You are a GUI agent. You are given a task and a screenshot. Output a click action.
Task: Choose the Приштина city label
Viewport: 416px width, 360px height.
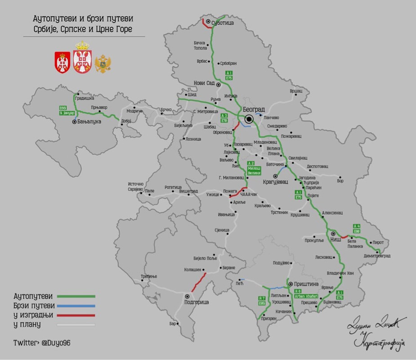(306, 284)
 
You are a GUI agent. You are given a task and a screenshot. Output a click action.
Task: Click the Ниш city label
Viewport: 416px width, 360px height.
(336, 240)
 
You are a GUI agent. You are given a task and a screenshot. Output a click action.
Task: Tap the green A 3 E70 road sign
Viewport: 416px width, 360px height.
(224, 118)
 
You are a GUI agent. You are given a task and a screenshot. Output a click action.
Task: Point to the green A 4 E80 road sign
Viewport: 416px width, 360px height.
(357, 229)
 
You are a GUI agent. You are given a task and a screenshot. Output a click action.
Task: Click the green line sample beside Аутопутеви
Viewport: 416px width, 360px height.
(76, 296)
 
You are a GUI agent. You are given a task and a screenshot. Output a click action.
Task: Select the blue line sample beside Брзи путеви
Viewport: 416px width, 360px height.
(76, 306)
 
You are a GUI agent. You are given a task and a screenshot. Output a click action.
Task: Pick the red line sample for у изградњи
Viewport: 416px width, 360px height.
(76, 315)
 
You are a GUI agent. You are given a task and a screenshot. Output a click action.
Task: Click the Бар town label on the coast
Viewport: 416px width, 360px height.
(173, 324)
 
